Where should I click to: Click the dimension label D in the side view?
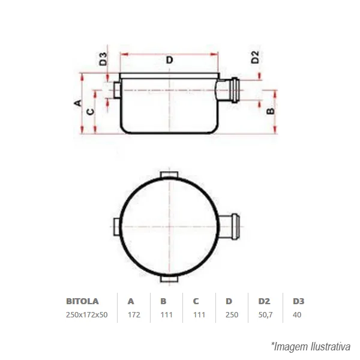coord(169,60)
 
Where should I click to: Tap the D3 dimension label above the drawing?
coord(103,59)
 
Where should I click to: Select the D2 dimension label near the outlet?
coord(255,57)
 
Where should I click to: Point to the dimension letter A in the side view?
coord(78,103)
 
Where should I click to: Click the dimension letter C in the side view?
coord(91,112)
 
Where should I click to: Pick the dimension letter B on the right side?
coord(271,111)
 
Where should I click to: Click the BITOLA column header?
coord(82,301)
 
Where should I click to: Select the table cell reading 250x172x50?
coord(87,314)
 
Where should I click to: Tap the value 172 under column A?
coord(134,314)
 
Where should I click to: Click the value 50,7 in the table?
coord(265,315)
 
